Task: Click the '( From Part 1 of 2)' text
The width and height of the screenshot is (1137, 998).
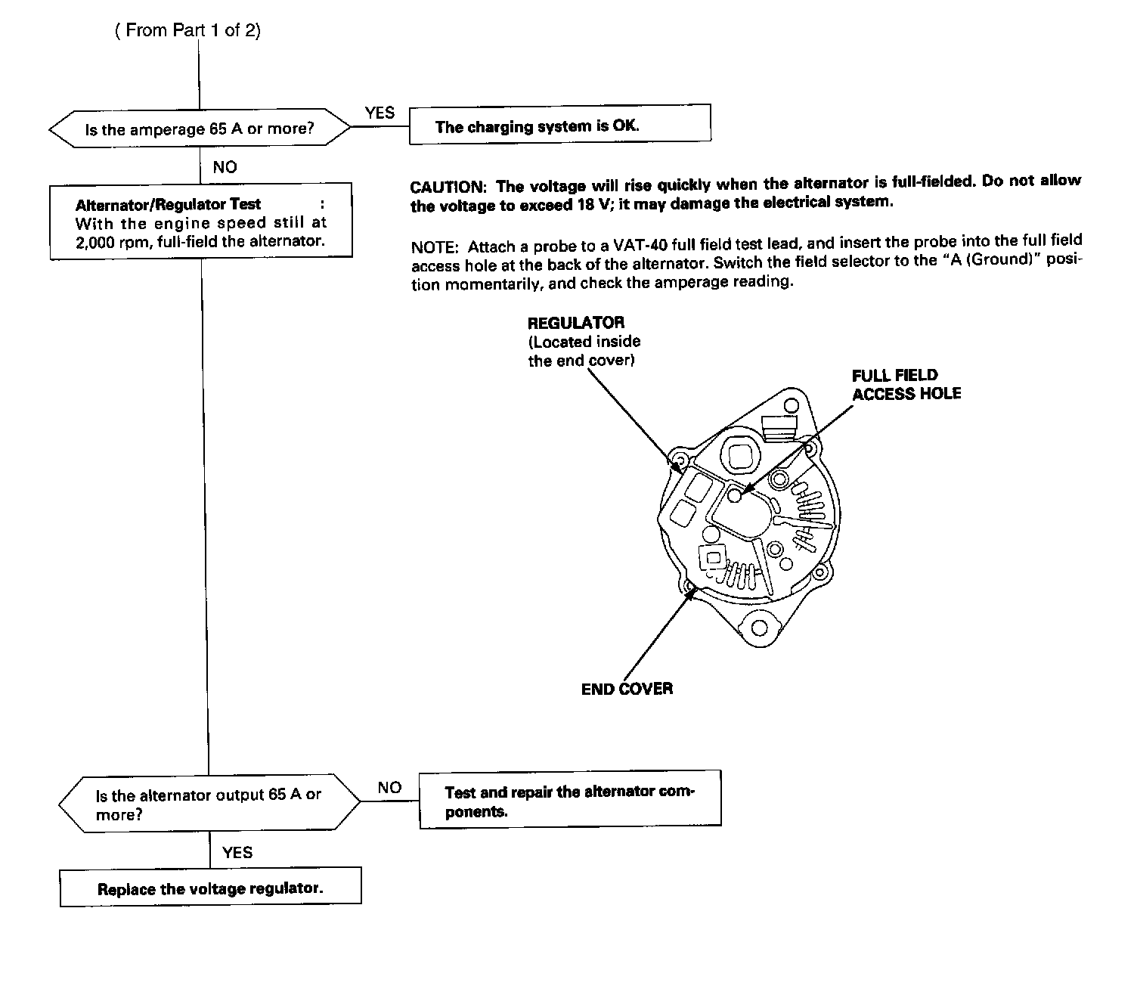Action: (187, 30)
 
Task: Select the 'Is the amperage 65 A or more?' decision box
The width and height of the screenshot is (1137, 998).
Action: (200, 129)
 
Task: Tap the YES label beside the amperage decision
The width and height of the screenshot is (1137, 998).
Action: (380, 113)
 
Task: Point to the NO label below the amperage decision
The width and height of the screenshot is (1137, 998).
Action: (225, 167)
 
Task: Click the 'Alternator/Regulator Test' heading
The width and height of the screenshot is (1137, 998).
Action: (168, 204)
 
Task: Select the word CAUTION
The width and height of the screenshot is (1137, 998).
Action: (446, 187)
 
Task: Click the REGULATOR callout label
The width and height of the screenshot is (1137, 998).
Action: (576, 323)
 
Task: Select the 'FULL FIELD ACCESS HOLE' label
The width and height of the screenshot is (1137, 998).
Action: (906, 384)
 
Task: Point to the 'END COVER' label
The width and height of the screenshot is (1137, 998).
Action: (627, 689)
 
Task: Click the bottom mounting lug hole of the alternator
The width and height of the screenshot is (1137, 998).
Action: (760, 628)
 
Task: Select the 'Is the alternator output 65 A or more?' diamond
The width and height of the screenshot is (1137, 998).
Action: (209, 804)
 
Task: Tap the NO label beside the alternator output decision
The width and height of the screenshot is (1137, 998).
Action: (389, 787)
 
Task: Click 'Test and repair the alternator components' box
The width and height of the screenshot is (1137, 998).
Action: (570, 801)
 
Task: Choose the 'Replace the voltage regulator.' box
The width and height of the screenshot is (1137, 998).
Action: (210, 888)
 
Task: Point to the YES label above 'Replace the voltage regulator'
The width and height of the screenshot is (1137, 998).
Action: (237, 852)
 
